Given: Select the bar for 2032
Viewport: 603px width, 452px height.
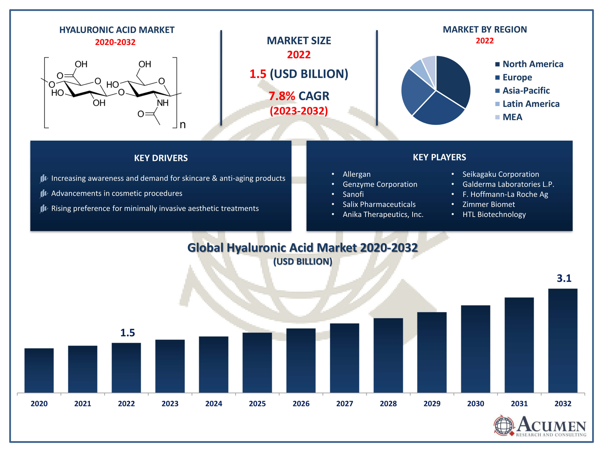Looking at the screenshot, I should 563,341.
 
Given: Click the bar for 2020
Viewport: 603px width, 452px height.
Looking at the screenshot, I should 39,370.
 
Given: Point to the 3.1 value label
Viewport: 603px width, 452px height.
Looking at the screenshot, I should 564,278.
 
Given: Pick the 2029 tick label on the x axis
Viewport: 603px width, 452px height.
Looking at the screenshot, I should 432,404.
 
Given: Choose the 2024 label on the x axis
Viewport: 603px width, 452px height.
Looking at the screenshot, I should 213,404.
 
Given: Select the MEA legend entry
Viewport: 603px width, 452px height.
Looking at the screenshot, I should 512,117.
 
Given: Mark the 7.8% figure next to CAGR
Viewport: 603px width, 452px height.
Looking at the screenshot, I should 282,96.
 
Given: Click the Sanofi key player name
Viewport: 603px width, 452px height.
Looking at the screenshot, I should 353,194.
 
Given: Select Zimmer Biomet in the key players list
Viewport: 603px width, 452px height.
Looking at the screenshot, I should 488,204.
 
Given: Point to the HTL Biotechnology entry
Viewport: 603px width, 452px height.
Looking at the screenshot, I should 494,214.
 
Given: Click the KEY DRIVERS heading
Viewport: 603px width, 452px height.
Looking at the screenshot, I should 161,158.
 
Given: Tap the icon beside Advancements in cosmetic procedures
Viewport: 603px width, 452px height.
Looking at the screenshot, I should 44,193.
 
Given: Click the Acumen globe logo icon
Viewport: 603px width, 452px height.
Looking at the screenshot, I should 504,425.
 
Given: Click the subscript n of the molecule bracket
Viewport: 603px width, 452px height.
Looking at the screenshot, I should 183,125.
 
